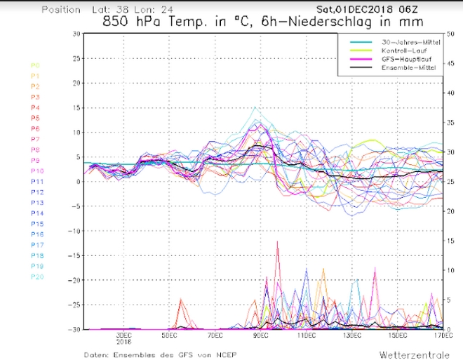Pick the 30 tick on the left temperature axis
point(75,34)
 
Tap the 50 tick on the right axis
point(451,34)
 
